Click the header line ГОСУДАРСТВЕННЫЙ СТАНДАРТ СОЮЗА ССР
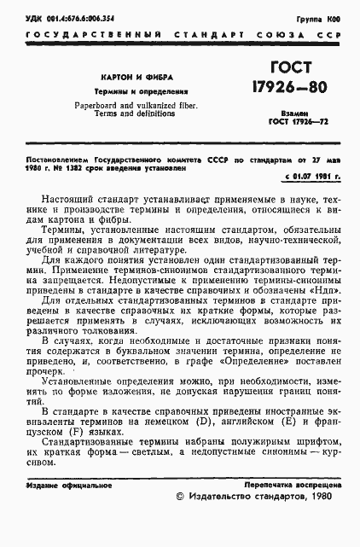(x=180, y=35)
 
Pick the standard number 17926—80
(x=289, y=88)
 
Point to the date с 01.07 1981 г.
(x=311, y=176)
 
